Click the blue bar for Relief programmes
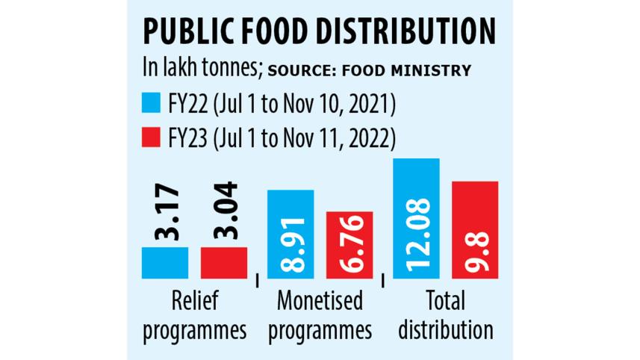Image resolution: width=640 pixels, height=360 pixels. point(164,263)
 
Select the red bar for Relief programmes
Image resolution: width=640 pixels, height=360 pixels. point(223,263)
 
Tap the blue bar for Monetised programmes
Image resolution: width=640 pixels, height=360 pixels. point(290,235)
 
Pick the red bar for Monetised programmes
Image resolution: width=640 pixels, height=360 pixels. point(349,245)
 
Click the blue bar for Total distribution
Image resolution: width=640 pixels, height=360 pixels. point(416,218)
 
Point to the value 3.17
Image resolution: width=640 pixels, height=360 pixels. point(166,212)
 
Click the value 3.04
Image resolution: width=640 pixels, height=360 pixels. point(225,212)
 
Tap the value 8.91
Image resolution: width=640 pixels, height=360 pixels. point(291,246)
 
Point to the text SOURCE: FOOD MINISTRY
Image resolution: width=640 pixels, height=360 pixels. point(369,71)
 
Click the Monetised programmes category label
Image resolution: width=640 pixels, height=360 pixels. point(320,316)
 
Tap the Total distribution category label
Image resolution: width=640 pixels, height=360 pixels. point(445,316)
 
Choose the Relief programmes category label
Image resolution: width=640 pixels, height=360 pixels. point(193,316)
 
